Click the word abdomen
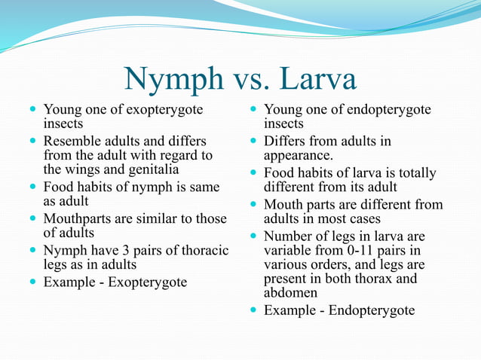tap(290, 294)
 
